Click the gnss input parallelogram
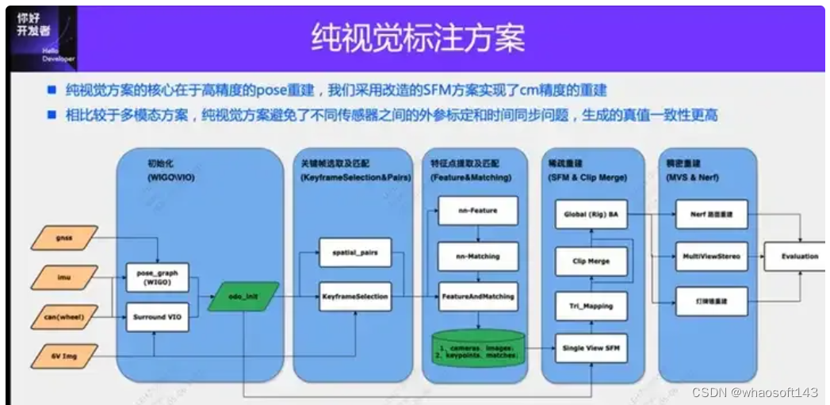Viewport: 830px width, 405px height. (x=64, y=237)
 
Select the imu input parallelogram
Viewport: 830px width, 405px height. (x=64, y=277)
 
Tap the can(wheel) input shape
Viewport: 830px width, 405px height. (x=64, y=318)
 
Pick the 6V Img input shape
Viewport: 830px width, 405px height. (x=64, y=356)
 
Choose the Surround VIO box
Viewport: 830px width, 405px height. (x=151, y=318)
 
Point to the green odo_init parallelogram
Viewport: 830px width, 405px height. (x=243, y=296)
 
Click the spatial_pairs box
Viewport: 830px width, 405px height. (x=355, y=253)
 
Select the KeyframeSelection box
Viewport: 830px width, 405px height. (x=355, y=296)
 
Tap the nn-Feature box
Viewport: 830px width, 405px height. (x=478, y=211)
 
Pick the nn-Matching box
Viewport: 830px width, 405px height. (x=478, y=256)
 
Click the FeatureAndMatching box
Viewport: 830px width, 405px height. (x=478, y=296)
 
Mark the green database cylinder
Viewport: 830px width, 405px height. (x=478, y=347)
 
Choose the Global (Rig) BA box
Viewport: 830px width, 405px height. (x=591, y=214)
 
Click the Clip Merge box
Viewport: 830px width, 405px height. (x=591, y=261)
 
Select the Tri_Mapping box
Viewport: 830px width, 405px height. (x=591, y=305)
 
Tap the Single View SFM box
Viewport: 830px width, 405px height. (x=591, y=349)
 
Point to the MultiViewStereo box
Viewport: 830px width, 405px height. (x=711, y=257)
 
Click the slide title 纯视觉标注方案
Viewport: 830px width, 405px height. (x=417, y=37)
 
